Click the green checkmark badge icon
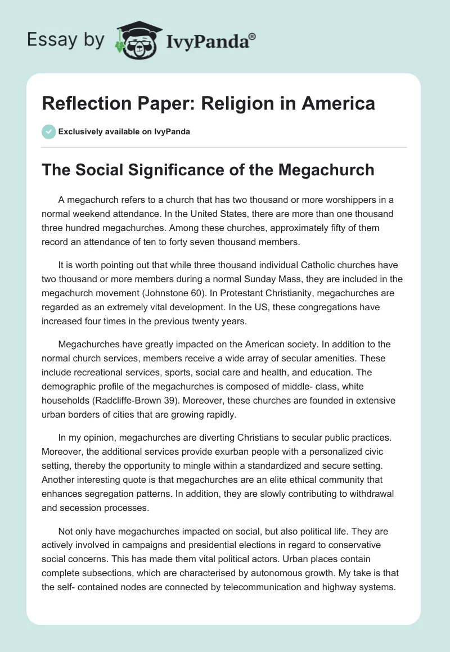click(48, 132)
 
